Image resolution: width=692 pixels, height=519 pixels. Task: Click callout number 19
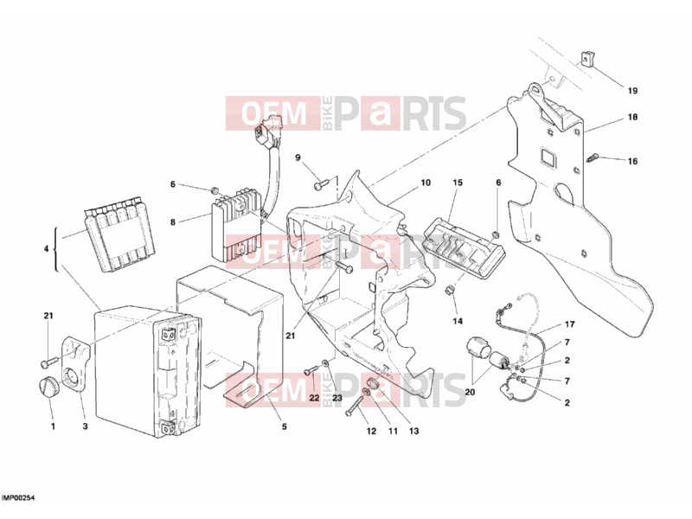tap(632, 91)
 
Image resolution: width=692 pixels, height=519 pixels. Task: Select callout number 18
tap(632, 117)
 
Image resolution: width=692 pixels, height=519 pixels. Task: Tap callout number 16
tap(632, 161)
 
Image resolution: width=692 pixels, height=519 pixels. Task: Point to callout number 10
tap(426, 183)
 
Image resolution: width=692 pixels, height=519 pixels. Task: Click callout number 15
tap(458, 183)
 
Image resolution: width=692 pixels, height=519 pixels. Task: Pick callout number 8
tap(173, 222)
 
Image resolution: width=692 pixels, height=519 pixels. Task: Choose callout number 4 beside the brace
tap(46, 249)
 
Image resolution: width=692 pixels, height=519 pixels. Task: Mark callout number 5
tap(285, 426)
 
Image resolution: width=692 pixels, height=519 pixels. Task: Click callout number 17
tap(570, 324)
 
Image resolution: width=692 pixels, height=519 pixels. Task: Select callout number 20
tap(470, 392)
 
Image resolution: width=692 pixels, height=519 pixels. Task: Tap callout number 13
tap(413, 431)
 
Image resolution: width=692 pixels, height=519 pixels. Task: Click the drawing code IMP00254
tap(18, 498)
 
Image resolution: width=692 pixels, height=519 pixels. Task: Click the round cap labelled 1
tap(46, 387)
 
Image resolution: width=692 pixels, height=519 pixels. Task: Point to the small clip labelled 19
tap(587, 58)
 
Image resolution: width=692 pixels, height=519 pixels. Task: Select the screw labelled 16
tap(593, 157)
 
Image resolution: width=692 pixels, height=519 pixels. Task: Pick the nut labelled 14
tap(450, 290)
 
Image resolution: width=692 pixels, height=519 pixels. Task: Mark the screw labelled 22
tap(311, 370)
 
